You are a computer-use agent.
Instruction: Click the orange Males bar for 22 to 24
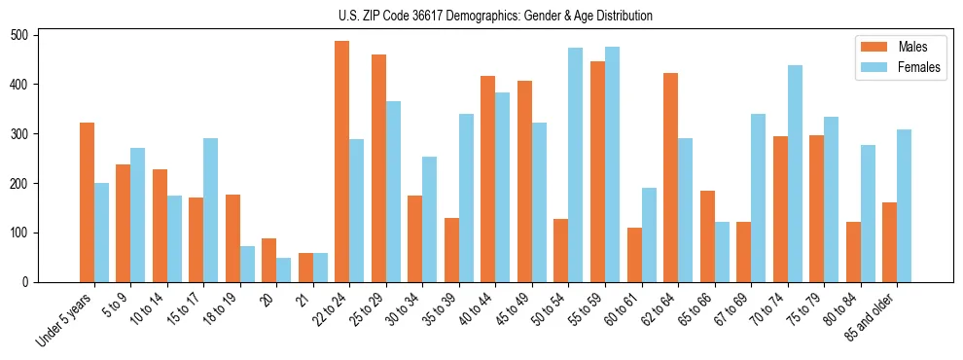(x=342, y=162)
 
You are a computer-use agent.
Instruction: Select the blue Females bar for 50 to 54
(x=576, y=165)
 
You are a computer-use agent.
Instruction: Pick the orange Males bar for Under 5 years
(x=88, y=202)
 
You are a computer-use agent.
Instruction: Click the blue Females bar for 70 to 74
(x=795, y=174)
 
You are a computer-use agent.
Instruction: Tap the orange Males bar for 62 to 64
(x=671, y=178)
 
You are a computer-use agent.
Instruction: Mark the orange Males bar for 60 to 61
(x=634, y=255)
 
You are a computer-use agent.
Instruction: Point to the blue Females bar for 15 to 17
(x=211, y=210)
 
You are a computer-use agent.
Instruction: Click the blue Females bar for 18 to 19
(x=248, y=265)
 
